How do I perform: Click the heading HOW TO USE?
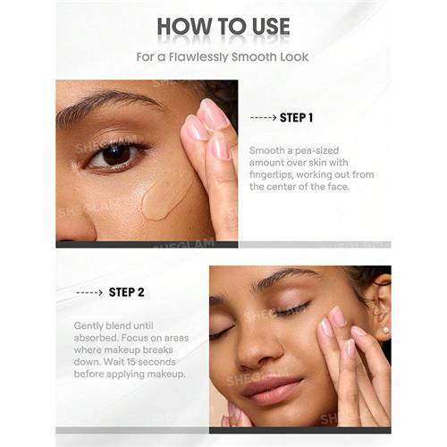pos(223,27)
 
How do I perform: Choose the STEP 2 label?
pos(126,292)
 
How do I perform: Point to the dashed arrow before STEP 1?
pos(263,117)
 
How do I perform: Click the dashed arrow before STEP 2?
pos(89,292)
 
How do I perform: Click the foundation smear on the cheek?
pos(165,197)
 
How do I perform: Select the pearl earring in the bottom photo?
pos(386,331)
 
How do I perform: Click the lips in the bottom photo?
pos(272,391)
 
